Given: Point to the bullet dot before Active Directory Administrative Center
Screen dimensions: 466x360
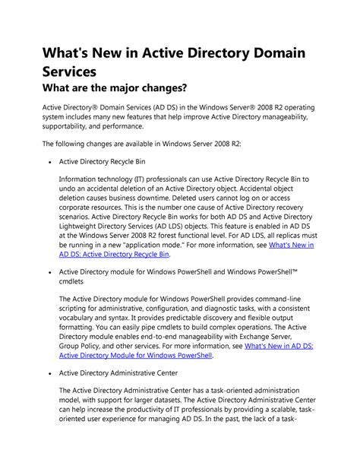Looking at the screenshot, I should pyautogui.click(x=49, y=374).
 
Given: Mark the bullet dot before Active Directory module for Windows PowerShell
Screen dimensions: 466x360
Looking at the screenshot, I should pyautogui.click(x=49, y=270).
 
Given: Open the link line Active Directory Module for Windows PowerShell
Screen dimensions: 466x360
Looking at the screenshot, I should pyautogui.click(x=136, y=354).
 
